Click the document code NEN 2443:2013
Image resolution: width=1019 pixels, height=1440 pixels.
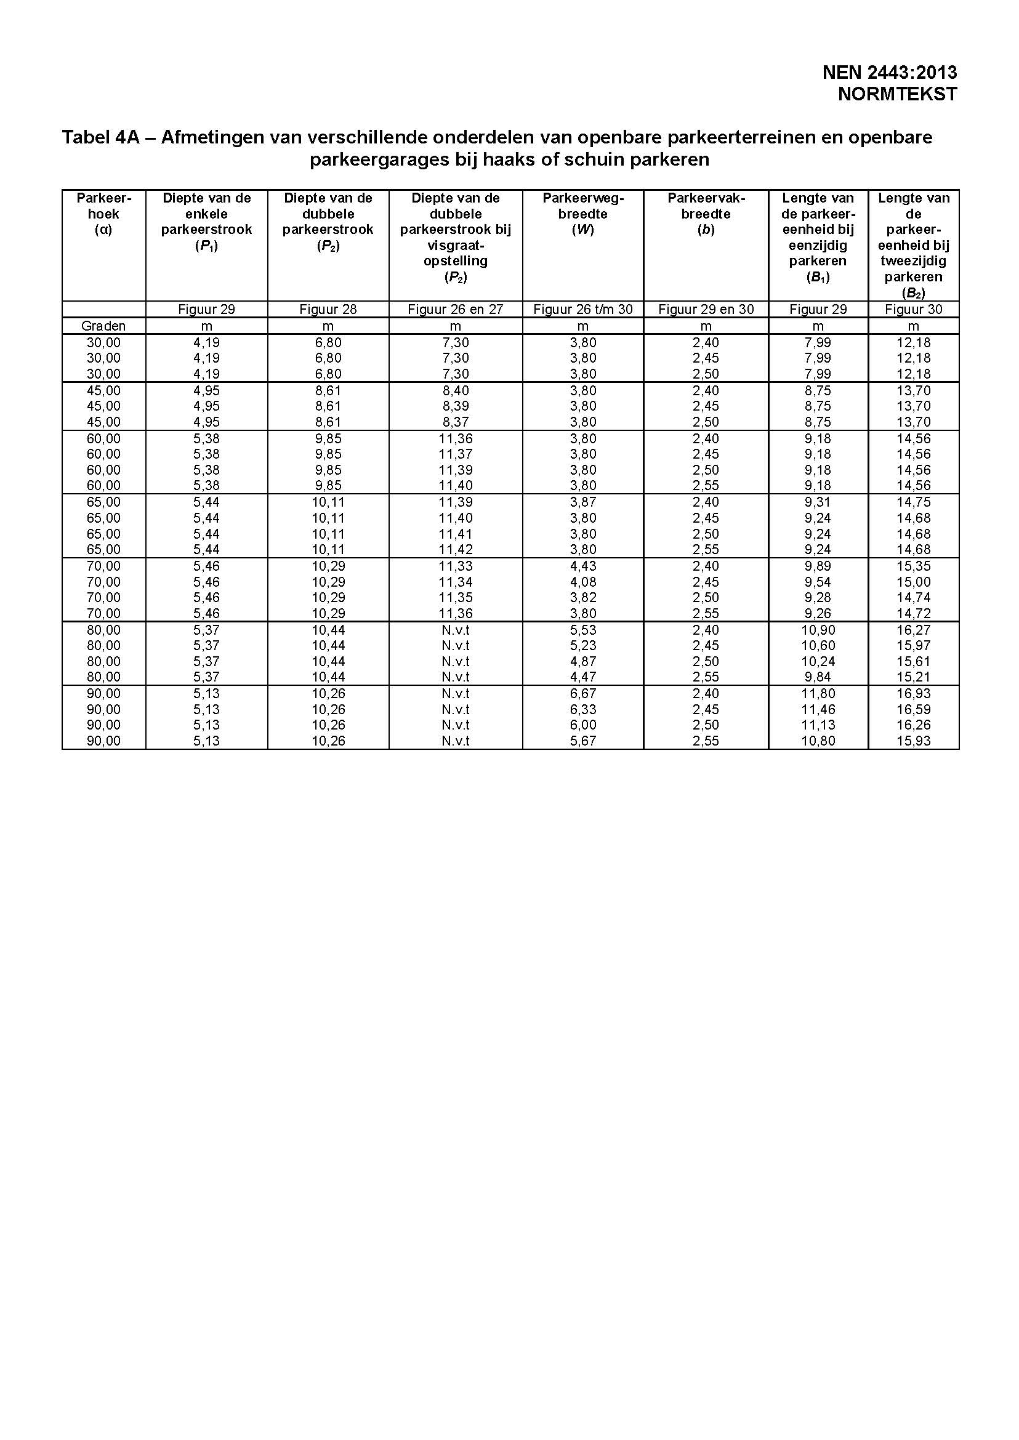click(889, 73)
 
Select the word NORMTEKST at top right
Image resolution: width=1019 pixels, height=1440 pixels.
click(897, 94)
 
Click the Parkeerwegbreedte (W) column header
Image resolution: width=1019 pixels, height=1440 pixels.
click(582, 214)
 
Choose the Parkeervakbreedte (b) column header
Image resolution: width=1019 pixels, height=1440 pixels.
click(706, 214)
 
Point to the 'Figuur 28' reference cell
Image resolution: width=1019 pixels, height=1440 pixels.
click(328, 309)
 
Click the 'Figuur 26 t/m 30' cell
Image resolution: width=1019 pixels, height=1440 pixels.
click(582, 309)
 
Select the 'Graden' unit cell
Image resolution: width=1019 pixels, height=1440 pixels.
click(103, 326)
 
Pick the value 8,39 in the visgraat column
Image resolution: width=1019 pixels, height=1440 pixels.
click(456, 406)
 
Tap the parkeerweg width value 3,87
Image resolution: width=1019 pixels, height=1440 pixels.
click(583, 502)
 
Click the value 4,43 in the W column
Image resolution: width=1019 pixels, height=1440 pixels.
click(583, 566)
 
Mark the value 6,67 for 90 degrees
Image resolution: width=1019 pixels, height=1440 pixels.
click(583, 693)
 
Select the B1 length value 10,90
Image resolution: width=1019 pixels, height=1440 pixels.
click(818, 630)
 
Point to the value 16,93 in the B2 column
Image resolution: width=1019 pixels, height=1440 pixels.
click(914, 693)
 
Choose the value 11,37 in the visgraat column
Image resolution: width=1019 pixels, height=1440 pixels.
click(456, 454)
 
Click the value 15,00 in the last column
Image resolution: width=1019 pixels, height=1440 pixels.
click(914, 582)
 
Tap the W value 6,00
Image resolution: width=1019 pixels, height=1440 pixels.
click(583, 725)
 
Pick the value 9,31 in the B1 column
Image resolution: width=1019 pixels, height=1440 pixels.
click(818, 502)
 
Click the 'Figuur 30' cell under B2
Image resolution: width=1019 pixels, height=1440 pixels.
click(914, 309)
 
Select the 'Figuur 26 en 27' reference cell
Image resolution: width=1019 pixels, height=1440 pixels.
click(456, 309)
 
